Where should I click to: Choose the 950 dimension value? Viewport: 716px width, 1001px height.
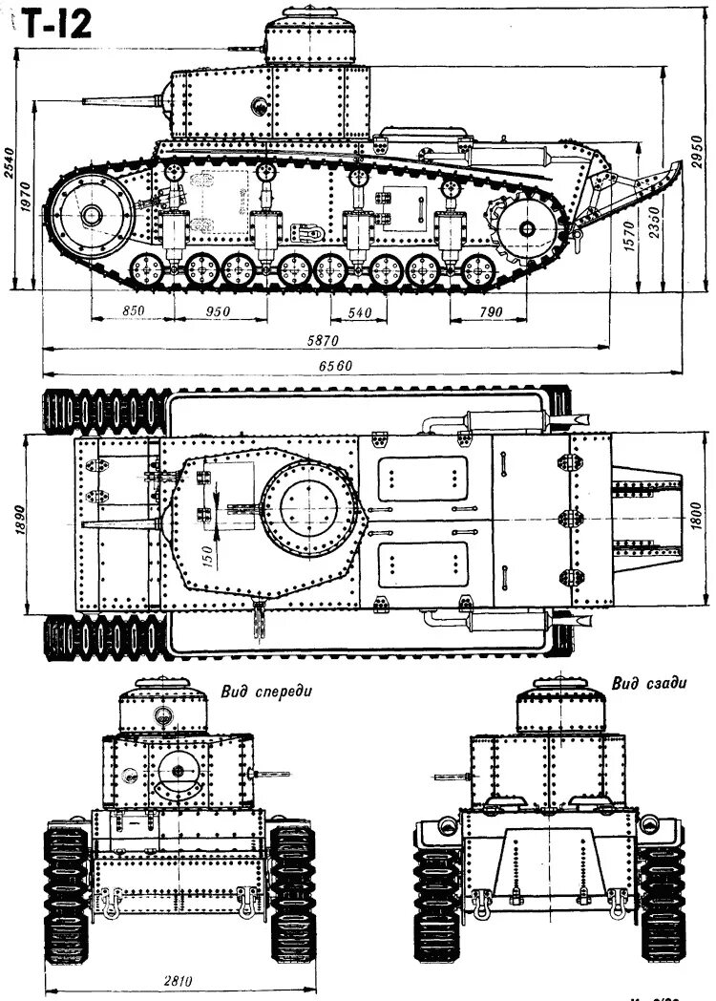[x=219, y=310]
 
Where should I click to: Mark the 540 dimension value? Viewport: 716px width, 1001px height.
[x=360, y=310]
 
